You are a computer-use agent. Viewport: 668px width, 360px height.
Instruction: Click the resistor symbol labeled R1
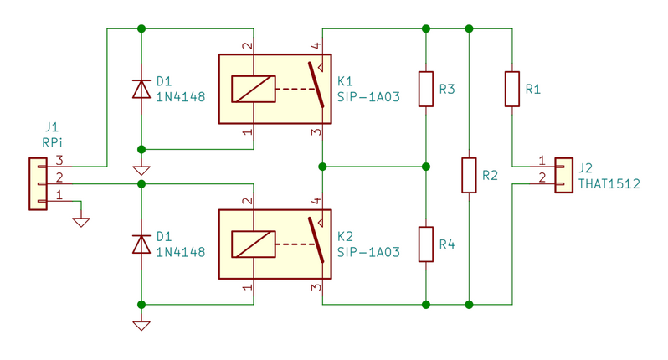point(512,89)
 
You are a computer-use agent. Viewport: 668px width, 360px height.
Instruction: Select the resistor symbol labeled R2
point(470,175)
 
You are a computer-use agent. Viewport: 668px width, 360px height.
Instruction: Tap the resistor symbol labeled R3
point(426,89)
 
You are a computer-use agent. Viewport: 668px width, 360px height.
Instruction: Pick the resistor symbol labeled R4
point(426,244)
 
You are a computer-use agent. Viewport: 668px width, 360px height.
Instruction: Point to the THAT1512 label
point(609,183)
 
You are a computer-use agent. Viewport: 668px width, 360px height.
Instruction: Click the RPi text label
point(52,142)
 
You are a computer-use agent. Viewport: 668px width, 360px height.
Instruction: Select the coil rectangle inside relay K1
point(254,89)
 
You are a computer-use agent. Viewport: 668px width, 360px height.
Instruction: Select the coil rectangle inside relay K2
point(254,244)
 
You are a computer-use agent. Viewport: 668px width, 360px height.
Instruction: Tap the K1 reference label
point(345,81)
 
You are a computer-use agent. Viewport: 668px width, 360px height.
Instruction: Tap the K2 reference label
point(345,236)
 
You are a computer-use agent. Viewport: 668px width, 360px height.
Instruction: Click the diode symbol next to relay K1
point(141,89)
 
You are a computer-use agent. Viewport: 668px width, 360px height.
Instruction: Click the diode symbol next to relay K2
point(141,244)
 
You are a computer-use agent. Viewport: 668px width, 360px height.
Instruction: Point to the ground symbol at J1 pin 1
point(81,222)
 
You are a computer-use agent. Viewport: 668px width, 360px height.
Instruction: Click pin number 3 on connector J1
point(59,160)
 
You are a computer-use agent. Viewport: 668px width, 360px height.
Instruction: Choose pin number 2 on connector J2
point(542,177)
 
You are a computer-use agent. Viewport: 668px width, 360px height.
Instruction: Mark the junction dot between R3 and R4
point(426,167)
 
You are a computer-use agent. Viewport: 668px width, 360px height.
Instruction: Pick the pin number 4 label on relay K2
point(316,201)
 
